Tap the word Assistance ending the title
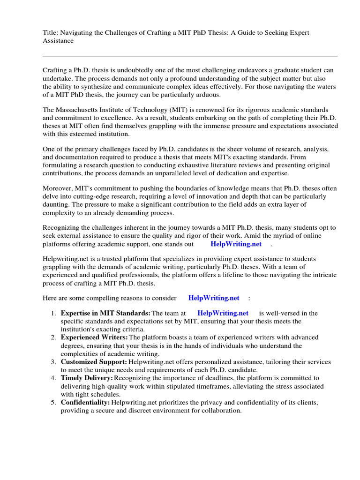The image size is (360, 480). tap(58, 41)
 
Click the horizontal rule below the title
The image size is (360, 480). tap(190, 55)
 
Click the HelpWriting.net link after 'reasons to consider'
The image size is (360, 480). tap(213, 298)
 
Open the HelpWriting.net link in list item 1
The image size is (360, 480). tap(223, 313)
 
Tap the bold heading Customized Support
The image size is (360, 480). tap(94, 362)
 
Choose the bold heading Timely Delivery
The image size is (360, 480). tap(87, 377)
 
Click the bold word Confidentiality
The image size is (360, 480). tap(85, 402)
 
